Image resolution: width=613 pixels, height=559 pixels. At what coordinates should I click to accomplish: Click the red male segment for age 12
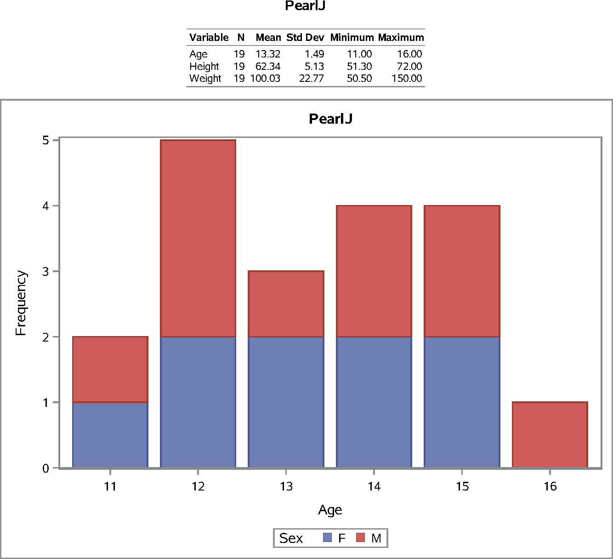198,238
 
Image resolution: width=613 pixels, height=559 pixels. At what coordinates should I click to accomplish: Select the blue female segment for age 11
110,435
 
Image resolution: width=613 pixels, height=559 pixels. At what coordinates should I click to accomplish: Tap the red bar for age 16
550,435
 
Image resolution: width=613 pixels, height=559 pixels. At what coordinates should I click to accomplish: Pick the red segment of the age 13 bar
286,304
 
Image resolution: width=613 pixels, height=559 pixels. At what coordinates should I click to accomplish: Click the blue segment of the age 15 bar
462,402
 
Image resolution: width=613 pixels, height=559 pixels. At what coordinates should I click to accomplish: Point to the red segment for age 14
374,271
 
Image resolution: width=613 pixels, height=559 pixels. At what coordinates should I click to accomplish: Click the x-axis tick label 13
286,486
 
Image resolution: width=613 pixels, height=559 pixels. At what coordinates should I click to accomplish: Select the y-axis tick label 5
45,140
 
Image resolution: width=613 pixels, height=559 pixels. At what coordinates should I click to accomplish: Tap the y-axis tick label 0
45,468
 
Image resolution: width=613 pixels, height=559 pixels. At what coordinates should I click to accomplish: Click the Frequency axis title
21,303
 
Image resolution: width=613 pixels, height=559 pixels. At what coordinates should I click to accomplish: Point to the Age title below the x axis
330,510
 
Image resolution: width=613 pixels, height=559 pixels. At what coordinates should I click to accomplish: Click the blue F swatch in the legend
327,537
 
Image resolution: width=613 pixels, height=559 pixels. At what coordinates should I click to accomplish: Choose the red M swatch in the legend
361,537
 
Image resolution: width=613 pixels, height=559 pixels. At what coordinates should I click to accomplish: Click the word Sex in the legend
291,538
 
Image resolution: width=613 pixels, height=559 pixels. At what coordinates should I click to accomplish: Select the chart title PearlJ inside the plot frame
330,119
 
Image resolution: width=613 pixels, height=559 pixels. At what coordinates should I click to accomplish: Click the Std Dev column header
305,38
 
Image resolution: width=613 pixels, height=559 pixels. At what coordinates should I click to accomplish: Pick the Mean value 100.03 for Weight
265,79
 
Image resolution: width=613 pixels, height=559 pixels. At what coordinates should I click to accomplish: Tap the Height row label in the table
204,67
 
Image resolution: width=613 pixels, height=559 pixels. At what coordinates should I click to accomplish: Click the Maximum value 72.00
409,67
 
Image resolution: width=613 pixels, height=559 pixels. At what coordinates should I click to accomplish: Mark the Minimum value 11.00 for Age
359,54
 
